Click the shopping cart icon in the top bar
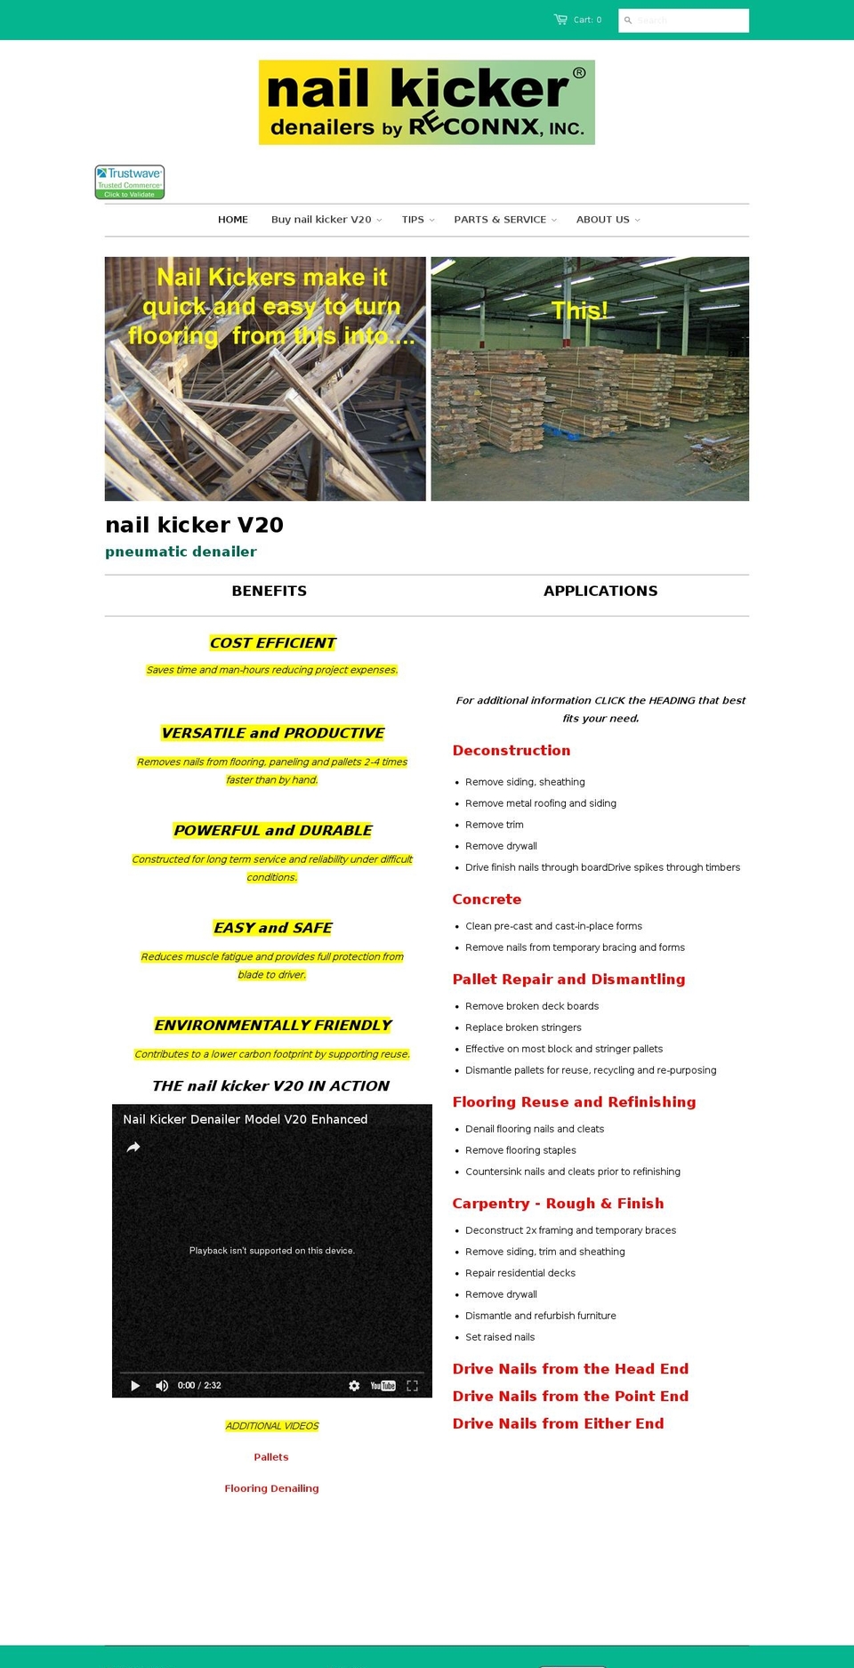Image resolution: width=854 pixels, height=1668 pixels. (x=560, y=20)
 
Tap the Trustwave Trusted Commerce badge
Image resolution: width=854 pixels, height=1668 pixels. (x=130, y=181)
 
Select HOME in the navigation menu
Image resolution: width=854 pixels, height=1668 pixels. (x=233, y=220)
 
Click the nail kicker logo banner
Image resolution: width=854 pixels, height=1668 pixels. (x=427, y=102)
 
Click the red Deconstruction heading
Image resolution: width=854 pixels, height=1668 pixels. (x=512, y=751)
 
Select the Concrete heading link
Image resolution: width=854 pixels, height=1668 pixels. (x=487, y=899)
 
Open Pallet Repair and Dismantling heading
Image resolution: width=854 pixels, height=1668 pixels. (x=568, y=979)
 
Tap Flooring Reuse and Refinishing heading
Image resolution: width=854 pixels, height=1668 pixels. (x=574, y=1102)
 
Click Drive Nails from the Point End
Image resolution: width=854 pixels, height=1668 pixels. (x=570, y=1397)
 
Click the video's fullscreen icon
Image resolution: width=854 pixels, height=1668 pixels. (x=412, y=1386)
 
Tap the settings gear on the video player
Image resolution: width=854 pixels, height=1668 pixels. (x=354, y=1386)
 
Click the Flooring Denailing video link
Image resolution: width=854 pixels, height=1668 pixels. (x=271, y=1488)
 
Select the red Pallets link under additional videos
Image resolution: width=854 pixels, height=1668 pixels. (x=271, y=1457)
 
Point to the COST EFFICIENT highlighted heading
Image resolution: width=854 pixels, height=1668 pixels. (x=272, y=643)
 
